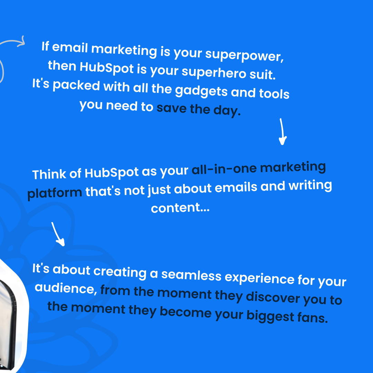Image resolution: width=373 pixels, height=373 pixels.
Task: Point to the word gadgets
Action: tap(201, 91)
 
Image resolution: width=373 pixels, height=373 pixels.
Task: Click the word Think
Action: tap(48, 174)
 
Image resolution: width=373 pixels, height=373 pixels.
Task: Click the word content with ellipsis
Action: tap(180, 208)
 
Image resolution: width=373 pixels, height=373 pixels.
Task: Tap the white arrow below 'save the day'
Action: tap(282, 132)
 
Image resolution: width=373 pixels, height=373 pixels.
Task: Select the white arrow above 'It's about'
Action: tap(58, 234)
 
